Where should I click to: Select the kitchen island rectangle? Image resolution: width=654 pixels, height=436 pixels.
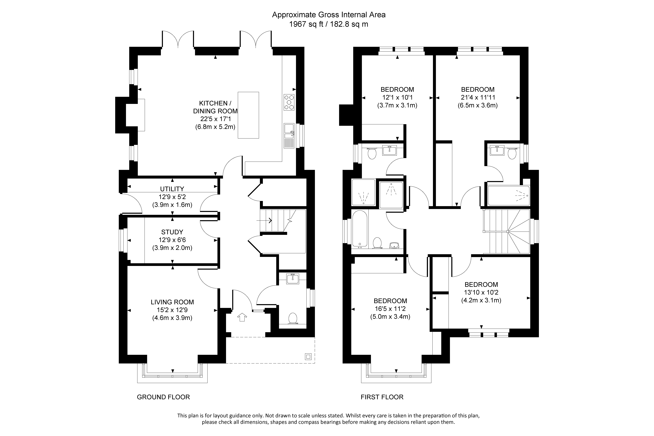(248, 115)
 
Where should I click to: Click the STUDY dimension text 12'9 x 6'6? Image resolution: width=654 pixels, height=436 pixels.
(172, 240)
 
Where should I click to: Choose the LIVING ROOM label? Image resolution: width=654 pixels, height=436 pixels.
(172, 302)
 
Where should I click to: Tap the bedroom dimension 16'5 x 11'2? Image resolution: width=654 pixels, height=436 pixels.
(390, 309)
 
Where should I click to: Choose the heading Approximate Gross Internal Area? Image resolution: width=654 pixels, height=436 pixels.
(329, 15)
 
